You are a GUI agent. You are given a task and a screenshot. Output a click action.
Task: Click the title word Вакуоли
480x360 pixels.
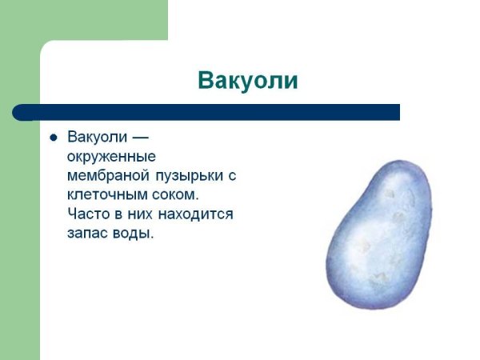pyautogui.click(x=247, y=82)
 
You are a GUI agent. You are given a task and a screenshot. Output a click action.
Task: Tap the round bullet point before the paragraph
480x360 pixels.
pyautogui.click(x=54, y=138)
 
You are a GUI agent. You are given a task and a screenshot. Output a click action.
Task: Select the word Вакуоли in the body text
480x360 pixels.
pyautogui.click(x=97, y=137)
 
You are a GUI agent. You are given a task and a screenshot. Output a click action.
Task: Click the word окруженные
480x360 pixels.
pyautogui.click(x=110, y=156)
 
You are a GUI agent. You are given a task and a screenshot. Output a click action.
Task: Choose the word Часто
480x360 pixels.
pyautogui.click(x=89, y=214)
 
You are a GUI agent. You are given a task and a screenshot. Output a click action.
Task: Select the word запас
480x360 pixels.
pyautogui.click(x=88, y=234)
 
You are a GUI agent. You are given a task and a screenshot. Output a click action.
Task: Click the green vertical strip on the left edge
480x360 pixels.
pyautogui.click(x=19, y=240)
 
